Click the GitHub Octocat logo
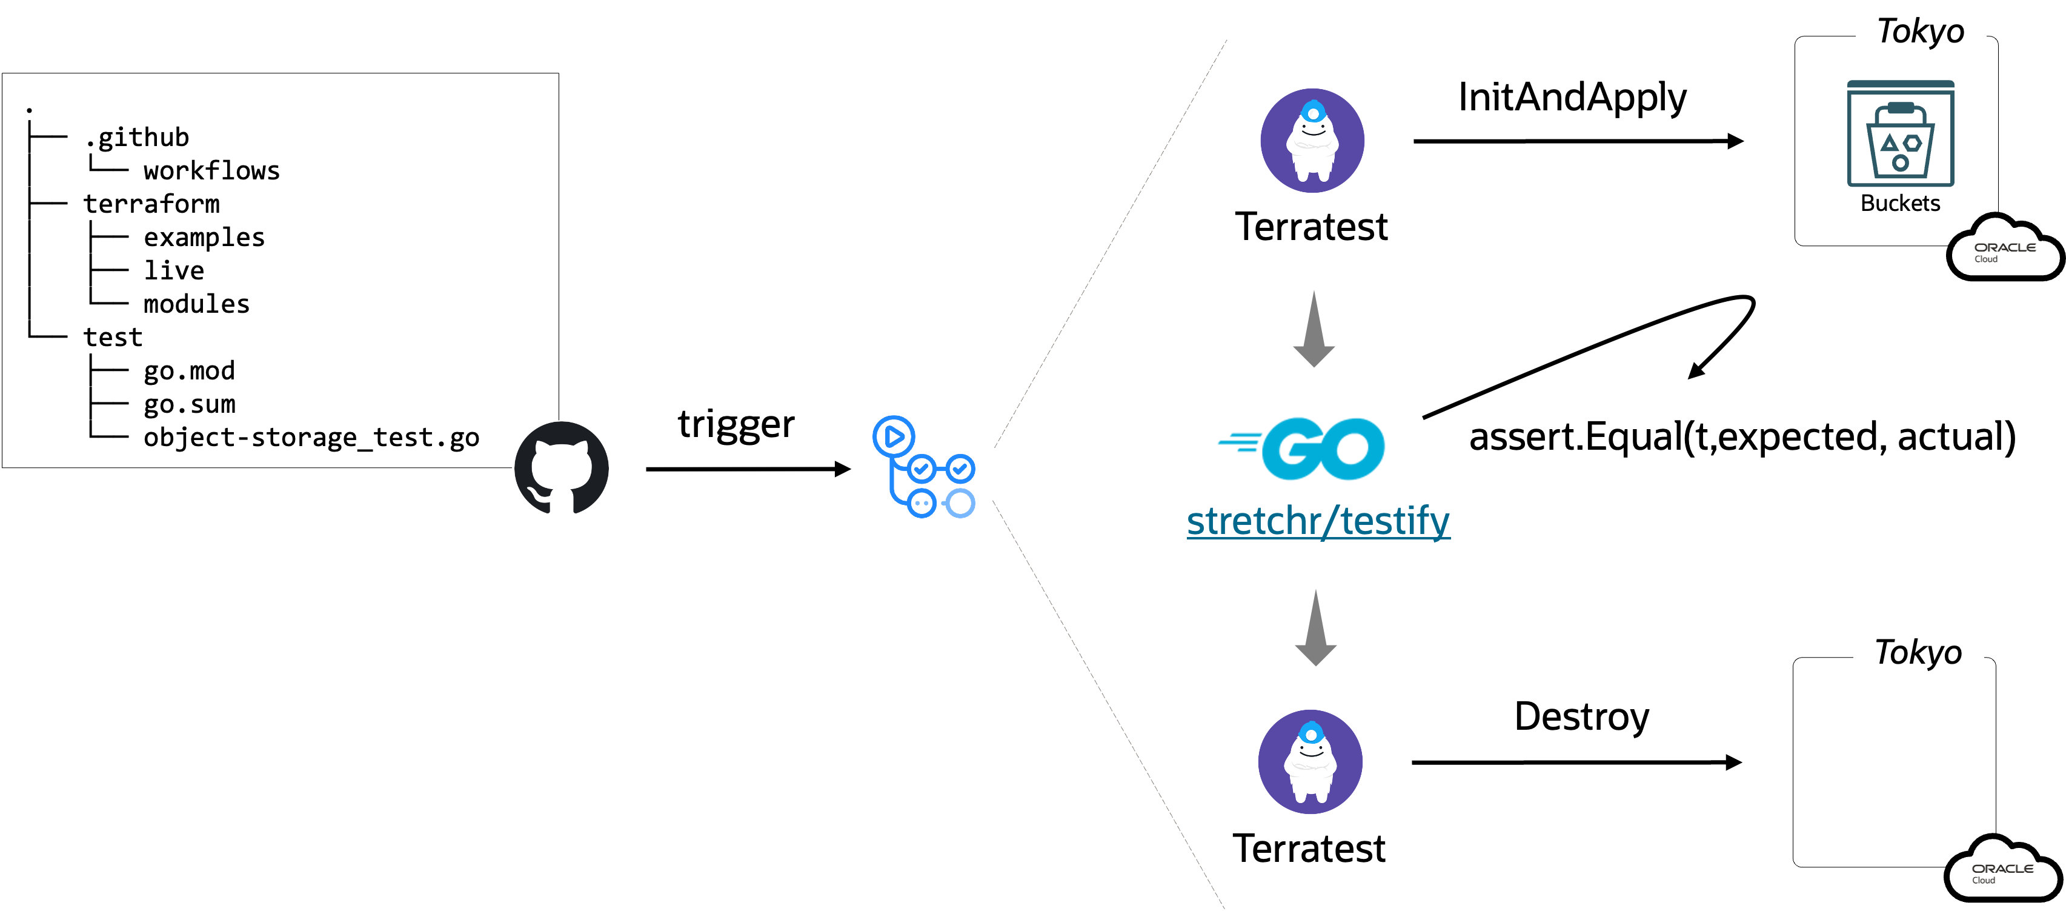click(562, 468)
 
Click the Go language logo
click(1301, 449)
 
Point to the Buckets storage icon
click(1900, 134)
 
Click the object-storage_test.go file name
click(311, 438)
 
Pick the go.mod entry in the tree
click(189, 371)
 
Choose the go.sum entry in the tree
click(189, 404)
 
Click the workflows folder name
click(211, 170)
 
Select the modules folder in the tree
click(196, 304)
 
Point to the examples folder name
click(204, 238)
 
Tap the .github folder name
click(137, 137)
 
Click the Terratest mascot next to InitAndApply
click(1312, 141)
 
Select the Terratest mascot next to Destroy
click(1310, 762)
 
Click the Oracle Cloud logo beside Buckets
click(2004, 247)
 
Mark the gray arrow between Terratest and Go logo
click(1314, 329)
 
